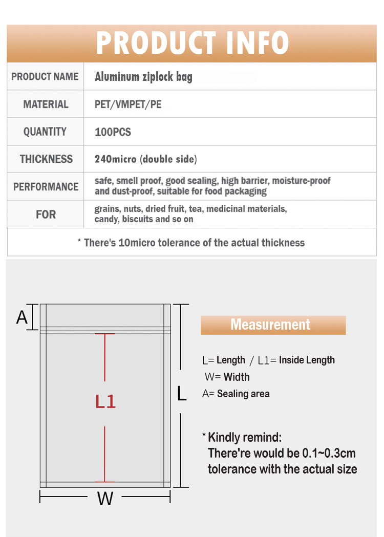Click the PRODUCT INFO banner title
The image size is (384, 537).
pyautogui.click(x=192, y=43)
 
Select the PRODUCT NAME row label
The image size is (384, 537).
pyautogui.click(x=45, y=77)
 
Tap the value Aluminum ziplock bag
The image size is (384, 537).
pyautogui.click(x=144, y=77)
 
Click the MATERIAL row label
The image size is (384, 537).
pyautogui.click(x=46, y=104)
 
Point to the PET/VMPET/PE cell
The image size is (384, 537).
pyautogui.click(x=129, y=104)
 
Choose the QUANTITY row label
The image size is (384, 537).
pyautogui.click(x=45, y=132)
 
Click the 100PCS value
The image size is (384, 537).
pyautogui.click(x=113, y=132)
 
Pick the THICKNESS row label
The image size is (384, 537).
pyautogui.click(x=46, y=159)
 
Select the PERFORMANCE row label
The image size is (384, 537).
pyautogui.click(x=46, y=187)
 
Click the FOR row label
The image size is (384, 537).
pyautogui.click(x=46, y=214)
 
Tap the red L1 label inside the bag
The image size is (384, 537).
pyautogui.click(x=105, y=401)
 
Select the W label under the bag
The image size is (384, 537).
pyautogui.click(x=105, y=498)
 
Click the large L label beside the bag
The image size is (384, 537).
pyautogui.click(x=181, y=394)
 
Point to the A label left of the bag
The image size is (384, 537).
pyautogui.click(x=22, y=317)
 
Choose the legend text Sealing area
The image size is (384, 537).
pyautogui.click(x=243, y=394)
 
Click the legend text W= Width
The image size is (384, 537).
pyautogui.click(x=227, y=377)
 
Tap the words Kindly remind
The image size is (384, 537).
pyautogui.click(x=245, y=438)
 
